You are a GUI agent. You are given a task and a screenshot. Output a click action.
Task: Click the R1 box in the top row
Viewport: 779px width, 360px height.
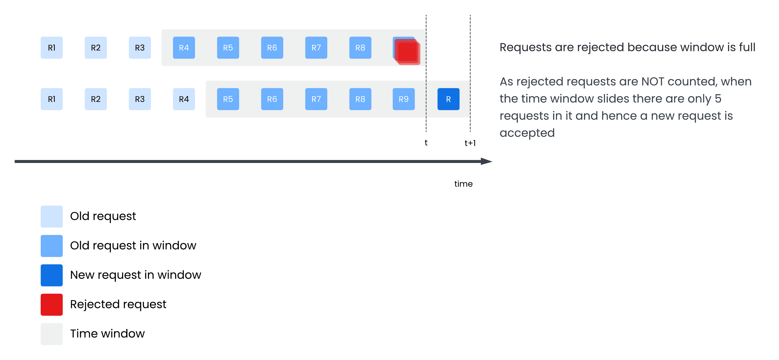pyautogui.click(x=52, y=48)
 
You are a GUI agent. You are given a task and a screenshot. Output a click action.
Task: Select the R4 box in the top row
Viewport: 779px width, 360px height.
pyautogui.click(x=184, y=48)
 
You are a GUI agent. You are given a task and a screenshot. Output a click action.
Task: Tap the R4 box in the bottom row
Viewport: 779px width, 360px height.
pyautogui.click(x=184, y=99)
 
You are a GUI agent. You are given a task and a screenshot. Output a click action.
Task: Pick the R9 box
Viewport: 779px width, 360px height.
pyautogui.click(x=404, y=99)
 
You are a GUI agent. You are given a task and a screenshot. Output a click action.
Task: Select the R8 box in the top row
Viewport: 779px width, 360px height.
pyautogui.click(x=360, y=48)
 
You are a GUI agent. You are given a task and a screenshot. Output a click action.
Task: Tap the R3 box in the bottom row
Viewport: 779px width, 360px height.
pyautogui.click(x=140, y=99)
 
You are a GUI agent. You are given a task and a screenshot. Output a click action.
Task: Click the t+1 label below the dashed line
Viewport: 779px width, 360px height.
pyautogui.click(x=470, y=143)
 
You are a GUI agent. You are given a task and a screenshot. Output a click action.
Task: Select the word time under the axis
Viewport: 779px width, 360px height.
pyautogui.click(x=463, y=184)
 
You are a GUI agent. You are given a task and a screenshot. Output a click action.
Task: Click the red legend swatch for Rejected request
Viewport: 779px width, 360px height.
pyautogui.click(x=52, y=305)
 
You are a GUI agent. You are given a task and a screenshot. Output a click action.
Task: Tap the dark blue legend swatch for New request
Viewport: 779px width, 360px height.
pyautogui.click(x=52, y=275)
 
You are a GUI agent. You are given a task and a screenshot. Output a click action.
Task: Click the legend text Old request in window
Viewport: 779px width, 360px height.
pyautogui.click(x=133, y=245)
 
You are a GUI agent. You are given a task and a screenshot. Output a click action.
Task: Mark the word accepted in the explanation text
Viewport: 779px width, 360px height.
pyautogui.click(x=527, y=133)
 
